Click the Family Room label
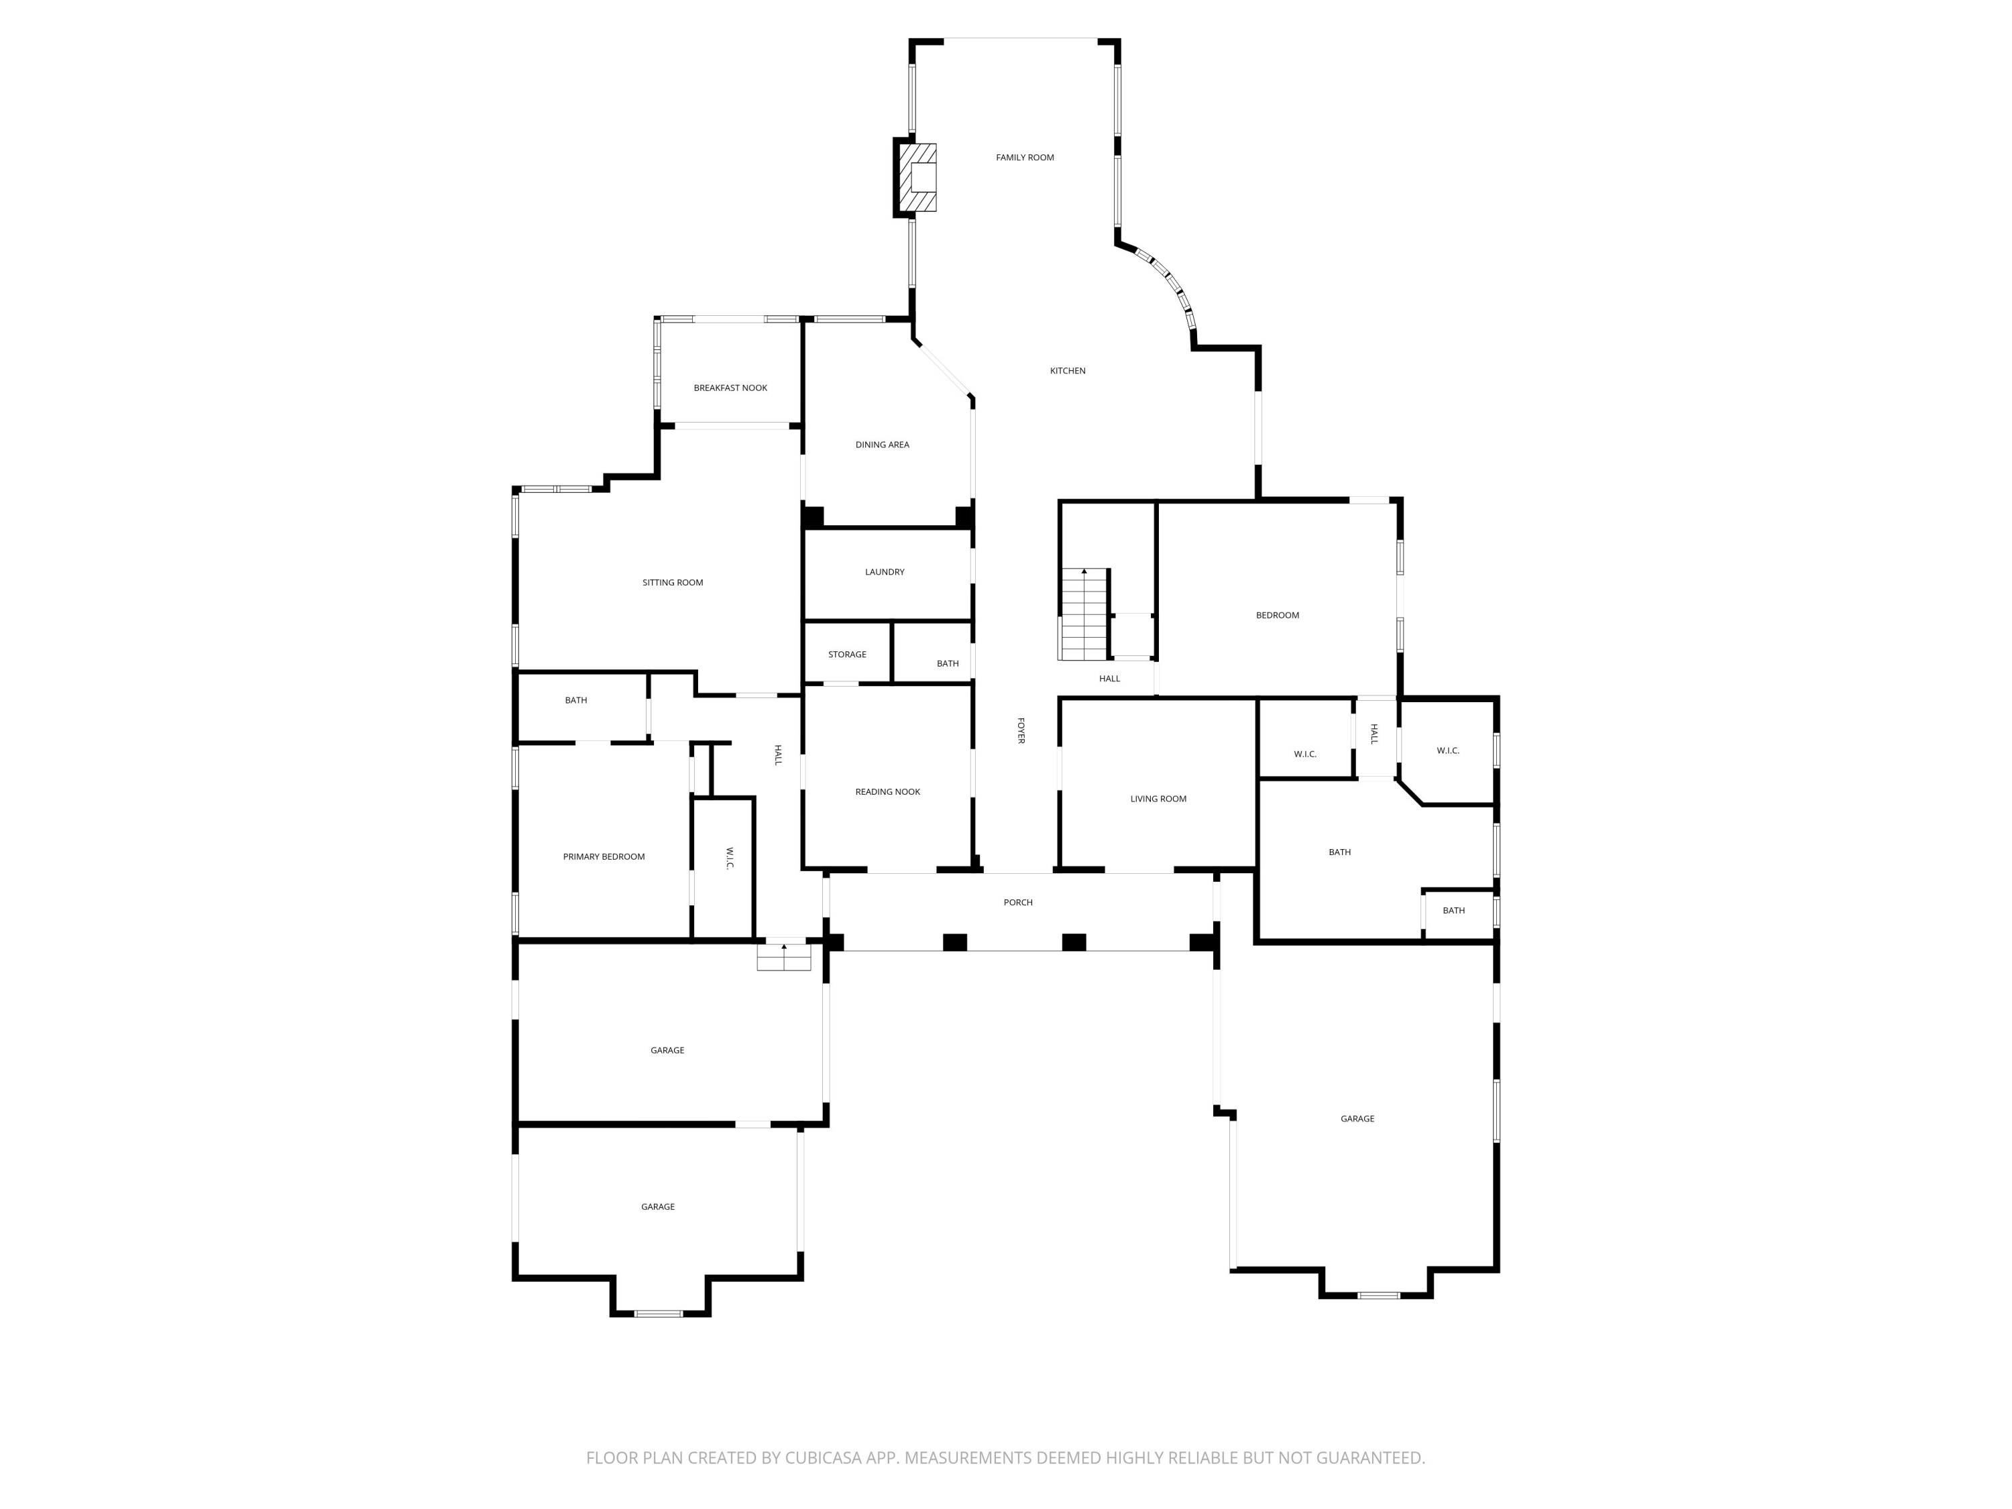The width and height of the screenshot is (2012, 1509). click(x=1024, y=158)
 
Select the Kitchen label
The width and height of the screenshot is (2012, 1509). click(x=1067, y=371)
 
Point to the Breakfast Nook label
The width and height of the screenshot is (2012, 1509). click(x=730, y=388)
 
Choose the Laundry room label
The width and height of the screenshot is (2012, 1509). click(x=884, y=572)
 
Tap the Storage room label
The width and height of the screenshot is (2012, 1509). click(x=847, y=655)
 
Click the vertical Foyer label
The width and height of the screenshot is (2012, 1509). click(x=1021, y=730)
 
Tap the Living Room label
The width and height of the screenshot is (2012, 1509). click(x=1158, y=799)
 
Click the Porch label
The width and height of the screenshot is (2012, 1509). click(x=1018, y=902)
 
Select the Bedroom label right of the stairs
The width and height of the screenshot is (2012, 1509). click(x=1277, y=616)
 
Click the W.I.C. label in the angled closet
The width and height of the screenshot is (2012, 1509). click(x=1447, y=751)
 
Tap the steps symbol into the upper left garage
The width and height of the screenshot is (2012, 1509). click(x=783, y=958)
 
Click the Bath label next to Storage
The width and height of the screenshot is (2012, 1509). click(x=947, y=664)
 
